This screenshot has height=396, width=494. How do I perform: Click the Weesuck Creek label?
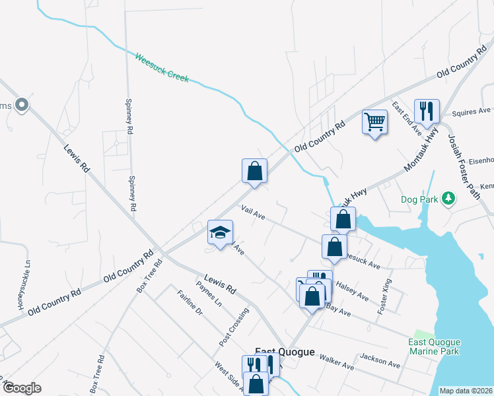162,68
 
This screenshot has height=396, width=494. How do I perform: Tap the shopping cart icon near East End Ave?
374,121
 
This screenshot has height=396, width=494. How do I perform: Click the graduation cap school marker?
221,232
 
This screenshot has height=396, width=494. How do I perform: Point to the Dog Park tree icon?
448,198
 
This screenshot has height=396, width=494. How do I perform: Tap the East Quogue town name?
285,352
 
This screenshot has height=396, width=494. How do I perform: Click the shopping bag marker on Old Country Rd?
254,172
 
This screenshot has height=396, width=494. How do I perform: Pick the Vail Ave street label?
254,213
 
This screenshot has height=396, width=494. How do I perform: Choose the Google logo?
22,388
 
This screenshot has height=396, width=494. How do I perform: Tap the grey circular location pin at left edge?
21,104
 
